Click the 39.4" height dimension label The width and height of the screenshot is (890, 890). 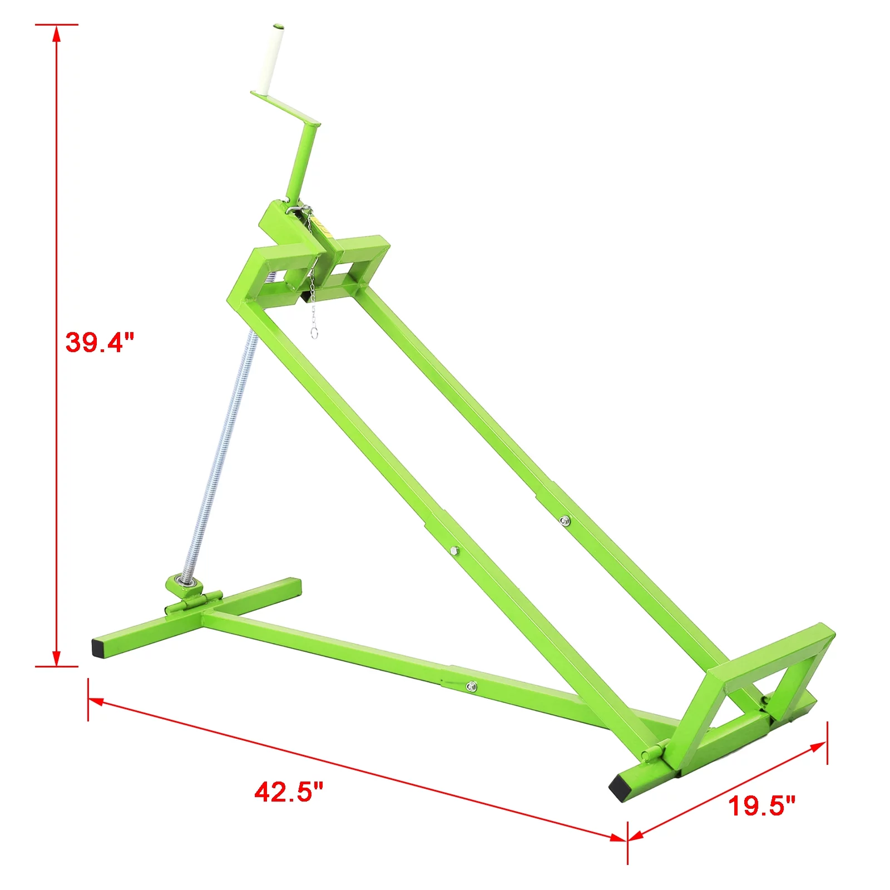pyautogui.click(x=100, y=342)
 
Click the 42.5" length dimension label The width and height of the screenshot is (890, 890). pyautogui.click(x=289, y=792)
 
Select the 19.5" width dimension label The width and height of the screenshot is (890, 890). pyautogui.click(x=762, y=805)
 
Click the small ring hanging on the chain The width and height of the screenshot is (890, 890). pyautogui.click(x=314, y=333)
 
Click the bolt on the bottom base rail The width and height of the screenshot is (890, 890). pyautogui.click(x=471, y=686)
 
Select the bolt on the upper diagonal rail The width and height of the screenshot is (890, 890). pyautogui.click(x=565, y=521)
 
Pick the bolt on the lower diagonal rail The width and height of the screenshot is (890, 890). pyautogui.click(x=454, y=551)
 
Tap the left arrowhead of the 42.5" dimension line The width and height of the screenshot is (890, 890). pyautogui.click(x=96, y=701)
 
